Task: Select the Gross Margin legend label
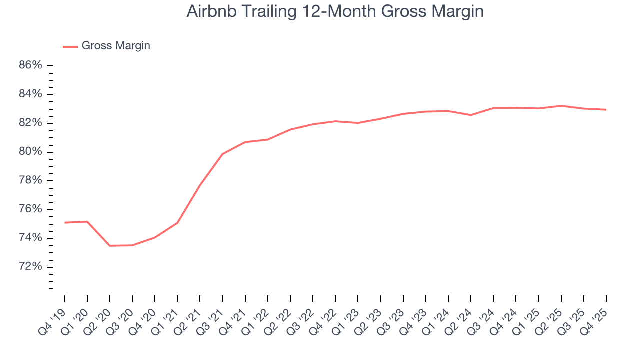click(116, 46)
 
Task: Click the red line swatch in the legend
click(70, 46)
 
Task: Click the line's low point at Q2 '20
click(110, 246)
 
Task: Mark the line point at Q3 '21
click(222, 154)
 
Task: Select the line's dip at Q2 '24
click(471, 115)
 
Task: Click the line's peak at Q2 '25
click(561, 106)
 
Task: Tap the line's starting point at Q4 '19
click(65, 222)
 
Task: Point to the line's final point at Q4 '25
click(606, 110)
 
